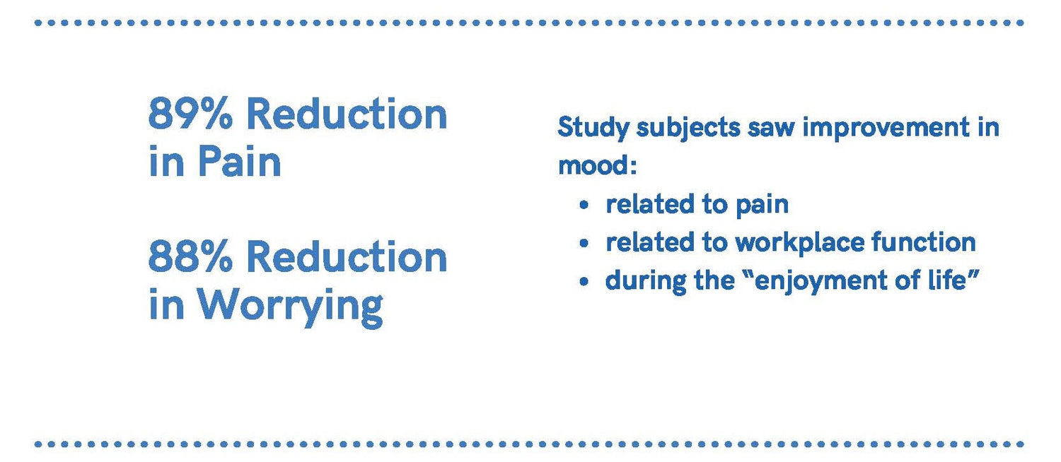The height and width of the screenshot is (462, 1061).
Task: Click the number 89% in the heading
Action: (190, 114)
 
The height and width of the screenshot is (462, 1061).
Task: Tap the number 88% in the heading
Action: (190, 256)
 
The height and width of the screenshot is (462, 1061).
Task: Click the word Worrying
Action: (290, 307)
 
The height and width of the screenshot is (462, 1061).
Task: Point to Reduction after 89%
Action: (347, 114)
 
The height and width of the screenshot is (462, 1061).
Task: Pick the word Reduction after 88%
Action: (347, 256)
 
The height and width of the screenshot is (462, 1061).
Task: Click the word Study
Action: (593, 129)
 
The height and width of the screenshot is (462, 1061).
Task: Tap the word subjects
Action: (688, 129)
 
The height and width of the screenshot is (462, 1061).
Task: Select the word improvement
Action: (886, 128)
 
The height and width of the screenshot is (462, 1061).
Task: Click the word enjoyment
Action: (821, 281)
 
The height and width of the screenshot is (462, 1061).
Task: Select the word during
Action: (646, 280)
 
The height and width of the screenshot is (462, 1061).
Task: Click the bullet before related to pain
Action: (584, 206)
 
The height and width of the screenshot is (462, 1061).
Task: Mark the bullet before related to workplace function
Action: (584, 244)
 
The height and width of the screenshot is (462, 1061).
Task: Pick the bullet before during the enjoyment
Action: (584, 282)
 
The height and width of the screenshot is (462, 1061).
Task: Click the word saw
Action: (771, 129)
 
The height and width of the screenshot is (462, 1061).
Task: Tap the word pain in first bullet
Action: (762, 206)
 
